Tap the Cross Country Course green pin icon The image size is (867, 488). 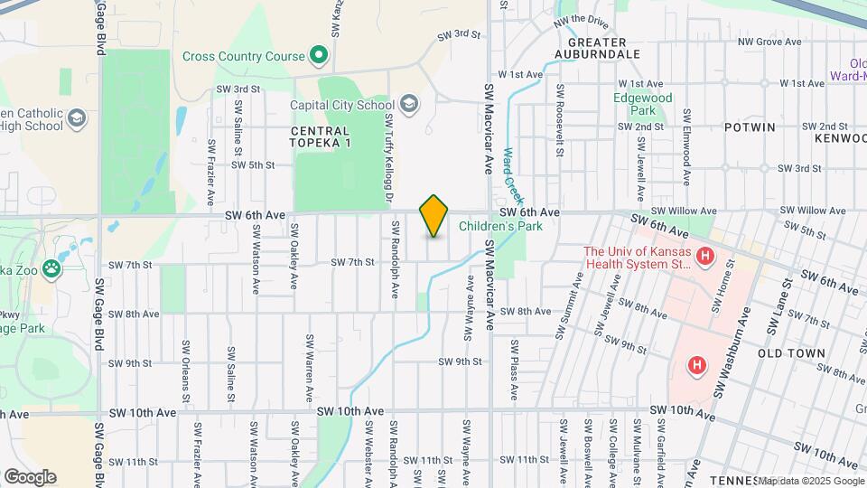pyautogui.click(x=318, y=56)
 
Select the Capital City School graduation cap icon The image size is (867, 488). pyautogui.click(x=410, y=104)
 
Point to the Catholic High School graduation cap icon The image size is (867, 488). pyautogui.click(x=78, y=118)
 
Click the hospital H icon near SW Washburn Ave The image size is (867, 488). pyautogui.click(x=696, y=366)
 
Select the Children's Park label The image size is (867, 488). pyautogui.click(x=500, y=226)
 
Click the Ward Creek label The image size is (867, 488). pyautogui.click(x=513, y=175)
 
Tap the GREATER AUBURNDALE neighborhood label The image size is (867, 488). pyautogui.click(x=604, y=48)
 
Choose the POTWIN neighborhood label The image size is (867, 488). pyautogui.click(x=749, y=127)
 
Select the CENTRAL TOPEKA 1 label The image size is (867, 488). pyautogui.click(x=320, y=137)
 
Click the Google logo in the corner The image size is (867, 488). pyautogui.click(x=30, y=476)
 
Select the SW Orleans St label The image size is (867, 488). pyautogui.click(x=186, y=371)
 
